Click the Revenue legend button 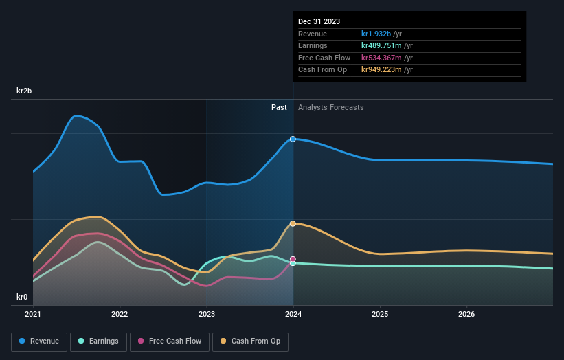[40, 341]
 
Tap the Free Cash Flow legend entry [170, 341]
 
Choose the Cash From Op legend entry [251, 341]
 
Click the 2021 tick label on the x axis [33, 315]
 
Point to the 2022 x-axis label [120, 315]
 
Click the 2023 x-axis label [207, 315]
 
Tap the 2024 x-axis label [293, 315]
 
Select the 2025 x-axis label [380, 315]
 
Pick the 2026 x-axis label [466, 315]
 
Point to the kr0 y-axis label [22, 297]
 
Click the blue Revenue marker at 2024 [293, 139]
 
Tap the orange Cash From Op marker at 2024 [293, 223]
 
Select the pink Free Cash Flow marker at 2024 [293, 259]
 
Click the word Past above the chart [279, 107]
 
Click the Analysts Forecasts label [330, 107]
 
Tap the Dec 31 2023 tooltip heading [319, 22]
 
